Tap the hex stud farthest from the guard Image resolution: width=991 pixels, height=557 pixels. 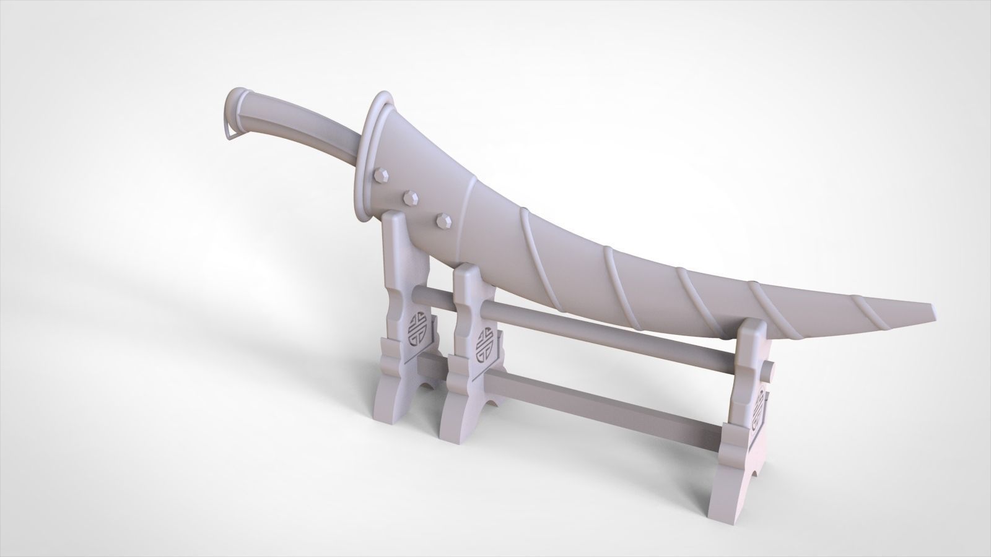tap(442, 219)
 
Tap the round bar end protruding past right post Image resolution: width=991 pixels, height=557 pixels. tap(770, 371)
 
